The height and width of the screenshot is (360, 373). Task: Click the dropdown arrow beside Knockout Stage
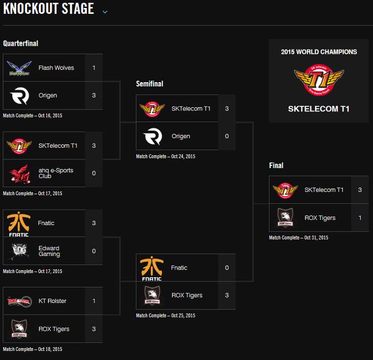[105, 12]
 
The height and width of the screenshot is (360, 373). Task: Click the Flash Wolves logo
[19, 68]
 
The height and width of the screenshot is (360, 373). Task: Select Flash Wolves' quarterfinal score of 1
[94, 68]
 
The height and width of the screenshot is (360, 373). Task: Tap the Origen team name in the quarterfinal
[48, 95]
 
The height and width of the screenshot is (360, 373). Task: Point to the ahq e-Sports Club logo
[20, 174]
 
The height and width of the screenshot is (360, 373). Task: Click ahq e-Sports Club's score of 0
[94, 173]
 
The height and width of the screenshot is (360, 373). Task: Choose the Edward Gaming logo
[20, 251]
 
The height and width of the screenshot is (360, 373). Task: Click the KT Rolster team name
[52, 301]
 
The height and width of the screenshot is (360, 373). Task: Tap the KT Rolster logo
[20, 301]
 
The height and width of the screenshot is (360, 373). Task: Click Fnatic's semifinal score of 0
[227, 268]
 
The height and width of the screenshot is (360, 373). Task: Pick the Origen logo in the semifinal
[153, 136]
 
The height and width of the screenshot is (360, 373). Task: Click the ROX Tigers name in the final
[320, 218]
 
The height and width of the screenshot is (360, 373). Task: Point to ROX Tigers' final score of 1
[360, 218]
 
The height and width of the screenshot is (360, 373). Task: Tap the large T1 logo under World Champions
[319, 80]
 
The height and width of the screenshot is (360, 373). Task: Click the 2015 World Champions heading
[319, 52]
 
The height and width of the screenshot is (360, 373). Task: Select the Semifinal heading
[150, 84]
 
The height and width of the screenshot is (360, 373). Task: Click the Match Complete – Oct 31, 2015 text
[298, 238]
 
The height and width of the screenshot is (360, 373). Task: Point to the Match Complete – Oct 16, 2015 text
[33, 116]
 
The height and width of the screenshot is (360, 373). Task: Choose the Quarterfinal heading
[20, 43]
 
